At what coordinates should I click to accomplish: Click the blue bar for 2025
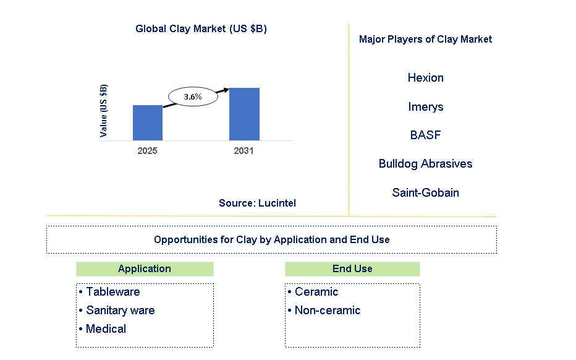[148, 123]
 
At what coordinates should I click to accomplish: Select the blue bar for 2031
[244, 114]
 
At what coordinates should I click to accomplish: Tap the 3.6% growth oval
[193, 96]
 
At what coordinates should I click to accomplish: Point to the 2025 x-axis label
[147, 151]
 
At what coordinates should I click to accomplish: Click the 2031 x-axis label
[244, 151]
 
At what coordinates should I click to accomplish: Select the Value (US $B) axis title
[104, 111]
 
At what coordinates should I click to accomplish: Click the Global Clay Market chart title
[201, 28]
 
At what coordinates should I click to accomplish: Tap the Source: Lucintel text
[257, 203]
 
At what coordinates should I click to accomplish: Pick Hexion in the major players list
[426, 77]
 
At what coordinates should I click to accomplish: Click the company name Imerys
[426, 106]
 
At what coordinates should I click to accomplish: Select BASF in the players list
[425, 135]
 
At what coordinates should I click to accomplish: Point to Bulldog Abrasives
[425, 164]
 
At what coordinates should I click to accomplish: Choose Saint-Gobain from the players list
[425, 192]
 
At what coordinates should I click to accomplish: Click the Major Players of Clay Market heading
[425, 40]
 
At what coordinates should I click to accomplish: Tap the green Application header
[145, 269]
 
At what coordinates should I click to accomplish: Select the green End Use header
[352, 269]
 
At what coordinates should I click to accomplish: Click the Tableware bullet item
[109, 291]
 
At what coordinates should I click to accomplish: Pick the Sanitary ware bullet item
[117, 310]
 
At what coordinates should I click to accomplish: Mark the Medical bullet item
[103, 328]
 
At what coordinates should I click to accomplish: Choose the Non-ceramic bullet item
[324, 310]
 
